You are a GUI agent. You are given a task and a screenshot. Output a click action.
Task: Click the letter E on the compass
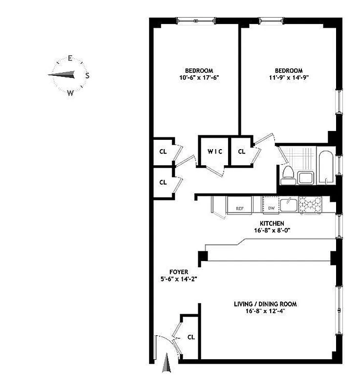point(70,58)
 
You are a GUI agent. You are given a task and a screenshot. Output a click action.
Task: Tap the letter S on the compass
point(87,75)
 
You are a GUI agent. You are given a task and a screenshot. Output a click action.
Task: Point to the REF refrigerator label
point(240,208)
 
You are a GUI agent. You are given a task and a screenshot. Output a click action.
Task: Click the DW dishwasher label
point(271,208)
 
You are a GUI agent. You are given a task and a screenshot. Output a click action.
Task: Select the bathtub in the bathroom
point(326,168)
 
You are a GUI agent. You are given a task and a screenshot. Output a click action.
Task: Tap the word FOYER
point(178,272)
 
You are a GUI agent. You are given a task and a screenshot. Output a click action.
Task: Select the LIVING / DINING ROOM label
point(265,304)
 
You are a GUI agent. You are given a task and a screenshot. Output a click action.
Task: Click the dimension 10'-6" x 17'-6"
point(199,77)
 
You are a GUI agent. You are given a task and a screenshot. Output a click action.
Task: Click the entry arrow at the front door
point(168,365)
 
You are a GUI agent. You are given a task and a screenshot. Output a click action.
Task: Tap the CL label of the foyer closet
point(191,337)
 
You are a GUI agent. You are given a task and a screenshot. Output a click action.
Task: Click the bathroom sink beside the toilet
point(307,177)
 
